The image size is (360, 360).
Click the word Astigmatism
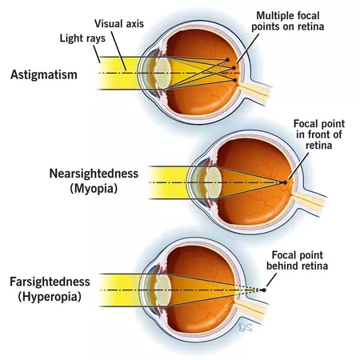(44, 74)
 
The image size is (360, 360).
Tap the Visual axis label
(119, 24)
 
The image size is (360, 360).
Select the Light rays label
(82, 38)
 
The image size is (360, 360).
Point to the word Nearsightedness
(94, 174)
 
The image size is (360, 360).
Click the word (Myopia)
(94, 189)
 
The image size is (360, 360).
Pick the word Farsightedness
(50, 282)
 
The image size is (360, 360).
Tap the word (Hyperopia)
(50, 297)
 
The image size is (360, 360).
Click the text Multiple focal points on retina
(288, 21)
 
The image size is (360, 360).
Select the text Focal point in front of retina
(319, 134)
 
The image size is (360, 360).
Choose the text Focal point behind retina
(297, 261)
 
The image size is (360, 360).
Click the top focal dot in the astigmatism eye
(227, 60)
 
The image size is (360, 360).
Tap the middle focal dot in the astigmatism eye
(234, 68)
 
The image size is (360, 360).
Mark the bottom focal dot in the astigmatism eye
(234, 80)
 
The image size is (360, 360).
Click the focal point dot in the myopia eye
(285, 182)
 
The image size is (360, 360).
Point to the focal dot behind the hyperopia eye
(264, 290)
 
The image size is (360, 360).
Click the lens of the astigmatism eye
(162, 74)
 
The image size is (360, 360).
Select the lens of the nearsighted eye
(213, 182)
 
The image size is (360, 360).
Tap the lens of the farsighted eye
(162, 290)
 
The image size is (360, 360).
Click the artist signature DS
(246, 327)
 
